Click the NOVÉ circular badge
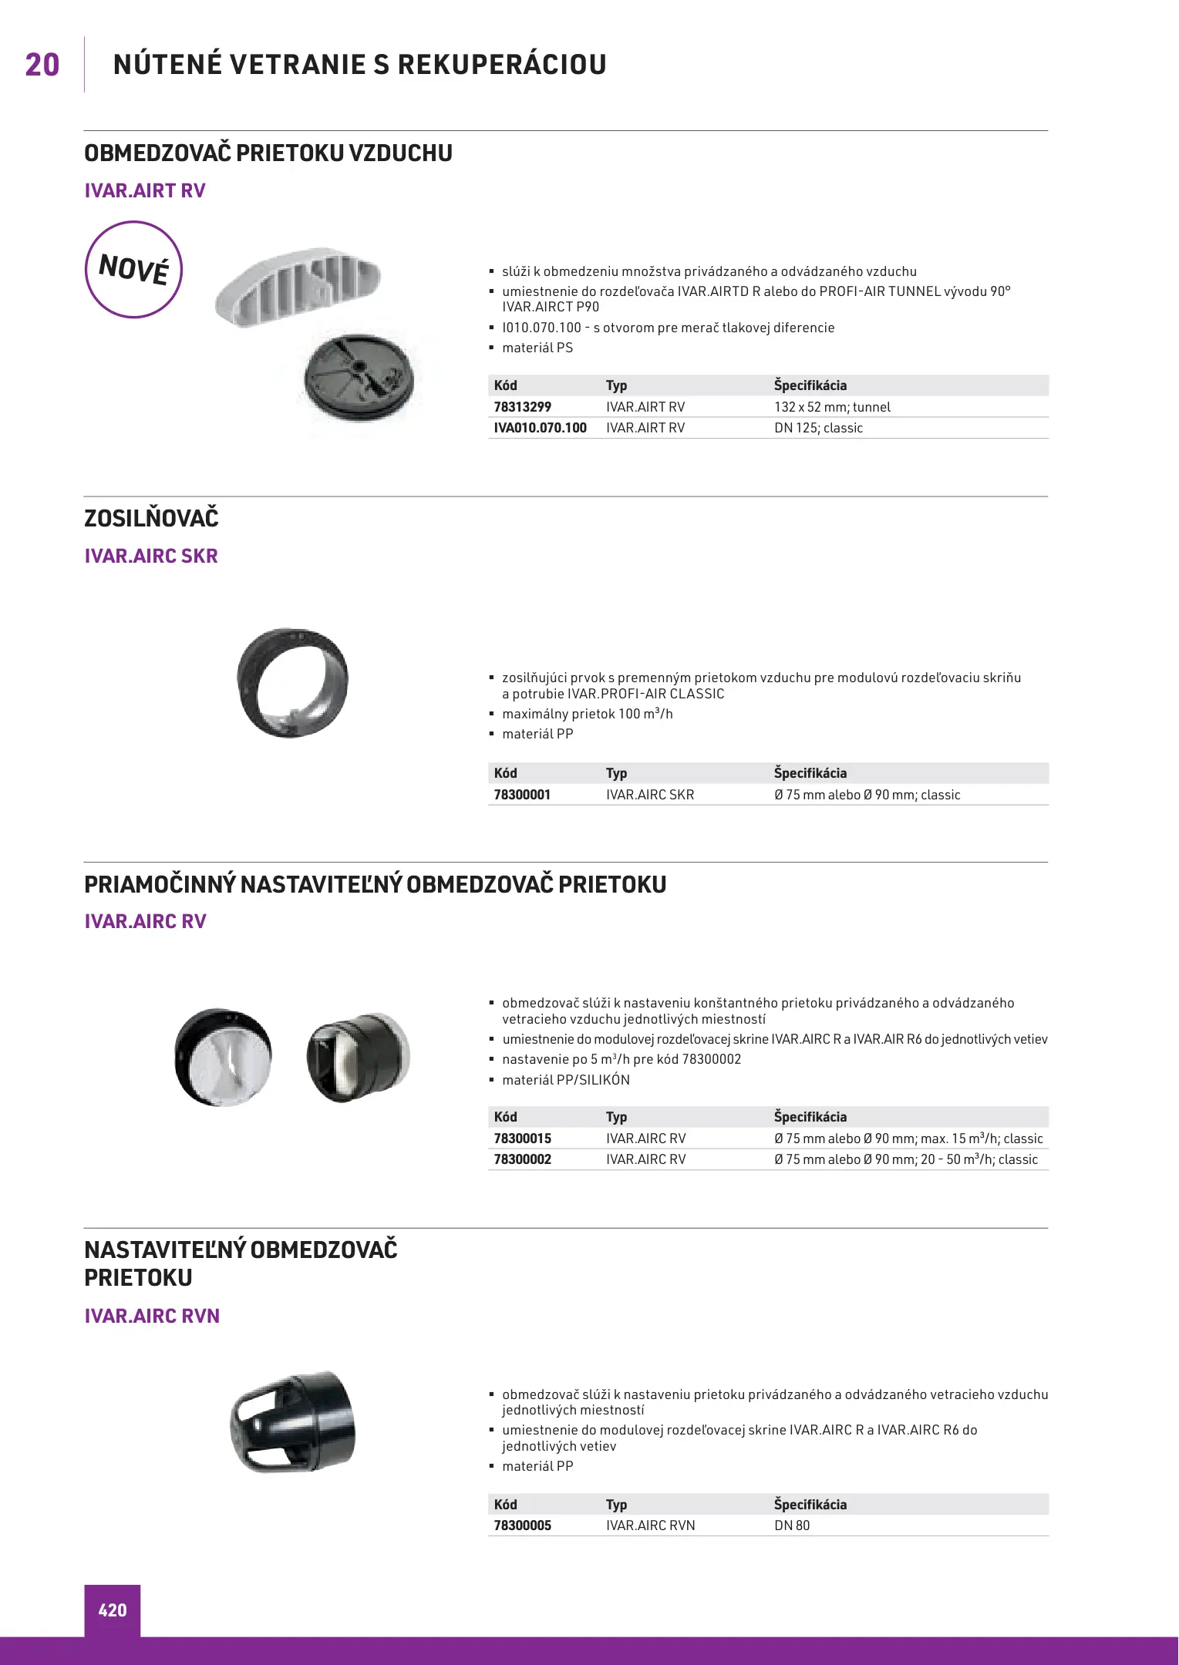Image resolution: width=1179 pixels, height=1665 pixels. point(133,270)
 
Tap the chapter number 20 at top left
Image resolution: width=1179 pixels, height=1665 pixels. point(42,65)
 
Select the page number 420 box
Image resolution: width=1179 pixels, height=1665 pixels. point(113,1610)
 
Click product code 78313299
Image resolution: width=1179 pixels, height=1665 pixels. point(523,407)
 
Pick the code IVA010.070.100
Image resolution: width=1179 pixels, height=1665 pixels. point(540,428)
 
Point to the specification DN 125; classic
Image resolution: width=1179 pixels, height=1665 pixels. point(818,428)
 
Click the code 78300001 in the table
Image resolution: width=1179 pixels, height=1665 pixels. point(522,795)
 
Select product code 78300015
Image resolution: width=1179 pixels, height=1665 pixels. point(523,1139)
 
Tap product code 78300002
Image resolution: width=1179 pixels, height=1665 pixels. point(523,1159)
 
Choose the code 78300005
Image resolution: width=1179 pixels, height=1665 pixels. point(523,1525)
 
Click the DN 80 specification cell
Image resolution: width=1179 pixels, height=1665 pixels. point(792,1525)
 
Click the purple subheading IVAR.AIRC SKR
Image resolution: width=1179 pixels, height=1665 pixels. point(151,556)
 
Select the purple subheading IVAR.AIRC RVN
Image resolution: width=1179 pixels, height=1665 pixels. point(152,1316)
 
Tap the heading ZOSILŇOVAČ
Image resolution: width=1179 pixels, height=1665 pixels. point(151,518)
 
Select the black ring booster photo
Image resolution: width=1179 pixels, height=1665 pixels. point(292,682)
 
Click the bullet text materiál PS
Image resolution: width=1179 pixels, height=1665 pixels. point(537,348)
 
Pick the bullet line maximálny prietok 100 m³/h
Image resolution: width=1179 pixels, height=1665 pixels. point(587,714)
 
